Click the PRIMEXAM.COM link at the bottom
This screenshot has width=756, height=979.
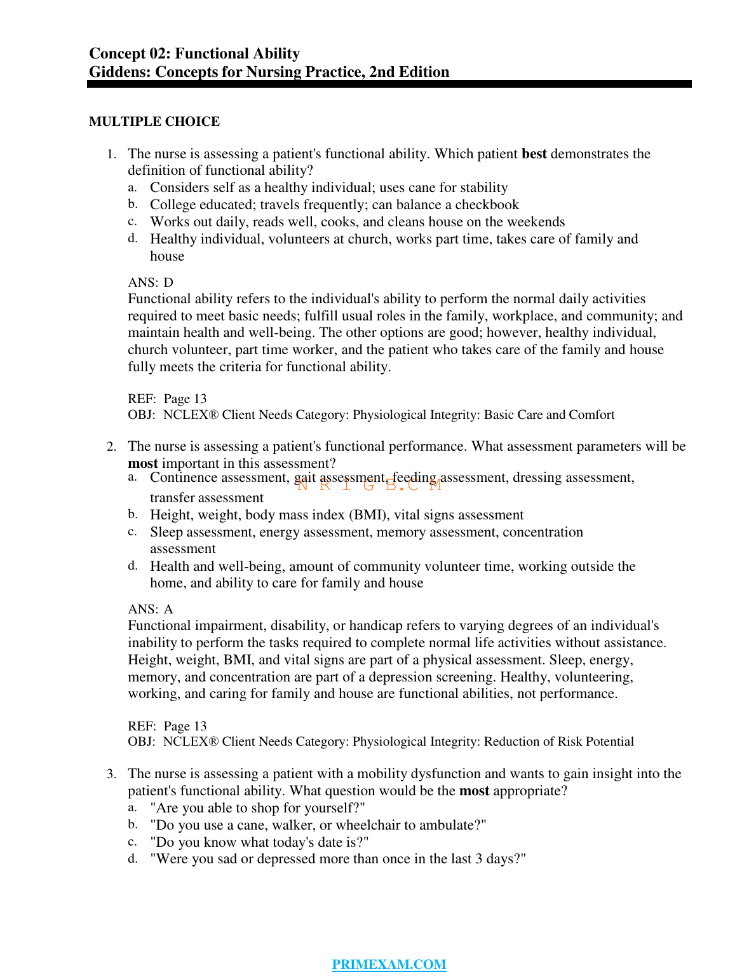389,964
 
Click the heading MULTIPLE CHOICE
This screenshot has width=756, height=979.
154,121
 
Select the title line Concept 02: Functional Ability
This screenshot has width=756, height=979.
194,53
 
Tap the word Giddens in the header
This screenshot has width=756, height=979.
119,72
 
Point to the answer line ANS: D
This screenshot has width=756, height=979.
151,282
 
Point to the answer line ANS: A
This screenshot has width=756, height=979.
151,609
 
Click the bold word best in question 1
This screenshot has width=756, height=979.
534,154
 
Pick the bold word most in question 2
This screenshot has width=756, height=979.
142,463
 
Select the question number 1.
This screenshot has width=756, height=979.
111,154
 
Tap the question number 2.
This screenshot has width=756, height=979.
111,447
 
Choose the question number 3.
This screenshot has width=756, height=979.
111,774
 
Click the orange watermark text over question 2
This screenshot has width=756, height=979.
369,486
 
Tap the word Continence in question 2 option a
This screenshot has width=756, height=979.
183,477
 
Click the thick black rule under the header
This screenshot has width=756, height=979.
389,84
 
